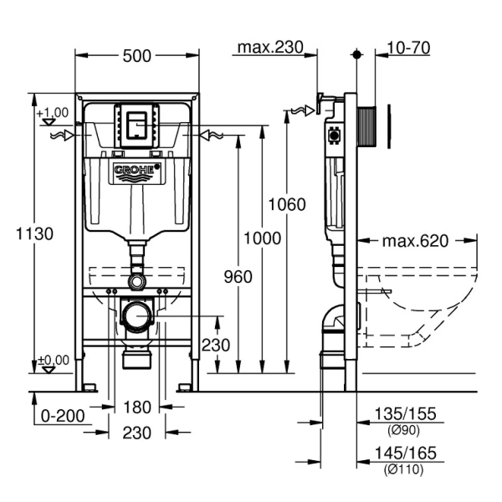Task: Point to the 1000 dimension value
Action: click(x=262, y=238)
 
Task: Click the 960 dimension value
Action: click(x=237, y=277)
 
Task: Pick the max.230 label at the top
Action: click(x=269, y=48)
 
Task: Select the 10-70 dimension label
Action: click(x=409, y=48)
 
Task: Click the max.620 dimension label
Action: click(x=416, y=241)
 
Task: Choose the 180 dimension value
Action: click(x=137, y=407)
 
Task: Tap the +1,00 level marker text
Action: click(x=52, y=112)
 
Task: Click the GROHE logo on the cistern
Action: click(x=136, y=172)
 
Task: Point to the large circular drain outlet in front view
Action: click(x=136, y=316)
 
